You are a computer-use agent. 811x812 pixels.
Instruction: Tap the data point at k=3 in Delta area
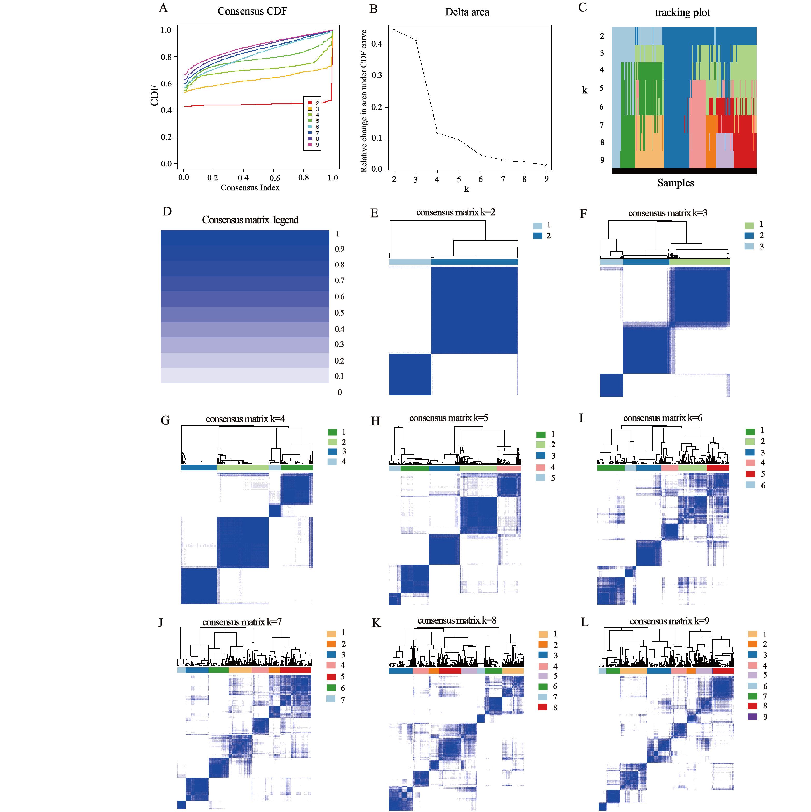pos(416,40)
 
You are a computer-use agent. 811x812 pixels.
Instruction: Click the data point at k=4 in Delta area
pos(438,133)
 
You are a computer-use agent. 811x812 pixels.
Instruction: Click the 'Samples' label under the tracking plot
pos(675,183)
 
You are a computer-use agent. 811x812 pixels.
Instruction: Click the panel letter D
pos(167,211)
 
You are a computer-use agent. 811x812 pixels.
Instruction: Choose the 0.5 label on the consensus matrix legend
pos(340,313)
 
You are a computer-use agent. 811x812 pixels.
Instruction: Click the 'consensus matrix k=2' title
pos(456,212)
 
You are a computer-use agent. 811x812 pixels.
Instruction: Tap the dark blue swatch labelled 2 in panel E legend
pos(538,236)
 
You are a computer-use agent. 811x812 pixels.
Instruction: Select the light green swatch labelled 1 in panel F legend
pos(749,225)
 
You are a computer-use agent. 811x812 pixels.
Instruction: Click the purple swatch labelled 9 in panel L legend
pos(752,717)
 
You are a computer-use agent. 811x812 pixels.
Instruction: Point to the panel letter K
pos(377,623)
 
